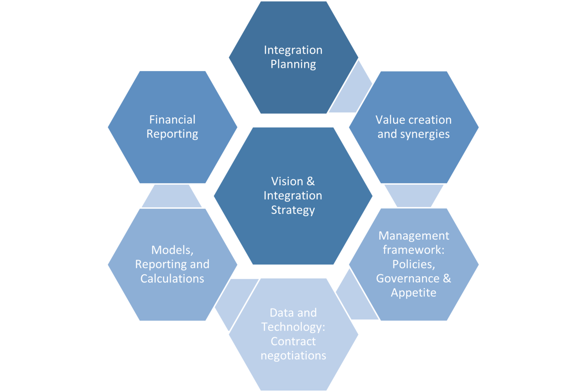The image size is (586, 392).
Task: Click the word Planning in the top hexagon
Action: coord(293,64)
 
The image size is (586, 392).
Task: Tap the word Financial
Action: coord(172,119)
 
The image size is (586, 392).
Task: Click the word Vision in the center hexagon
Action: coord(287,181)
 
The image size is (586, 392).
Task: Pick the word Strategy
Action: coord(293,210)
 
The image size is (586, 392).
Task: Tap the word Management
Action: coord(414,236)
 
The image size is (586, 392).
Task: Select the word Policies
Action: coord(414,264)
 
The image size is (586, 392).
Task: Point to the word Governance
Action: coord(407,278)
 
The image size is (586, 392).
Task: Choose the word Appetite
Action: coord(414,293)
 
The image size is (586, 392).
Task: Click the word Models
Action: coord(172,250)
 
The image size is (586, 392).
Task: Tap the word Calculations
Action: coord(172,279)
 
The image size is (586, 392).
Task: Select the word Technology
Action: coord(293,327)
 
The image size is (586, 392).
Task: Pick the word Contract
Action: coord(293,341)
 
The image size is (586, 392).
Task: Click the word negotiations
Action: coord(293,356)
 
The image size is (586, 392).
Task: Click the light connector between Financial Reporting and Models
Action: coord(172,196)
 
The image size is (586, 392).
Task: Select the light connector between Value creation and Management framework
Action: coord(414,195)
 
